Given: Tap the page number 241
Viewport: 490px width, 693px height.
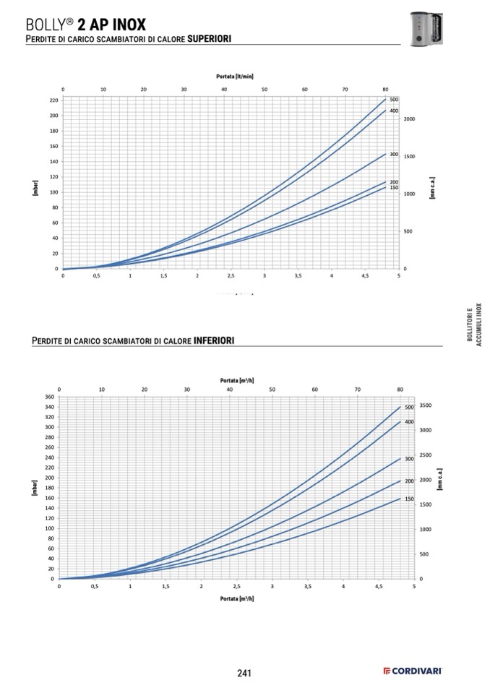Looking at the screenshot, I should (x=244, y=673).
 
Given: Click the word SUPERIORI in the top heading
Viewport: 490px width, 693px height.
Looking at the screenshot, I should (x=209, y=38).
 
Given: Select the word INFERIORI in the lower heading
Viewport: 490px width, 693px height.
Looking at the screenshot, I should (x=214, y=340).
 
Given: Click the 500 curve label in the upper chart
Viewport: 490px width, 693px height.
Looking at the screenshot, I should (x=394, y=99).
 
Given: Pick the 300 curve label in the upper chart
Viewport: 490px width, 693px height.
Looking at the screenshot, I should (x=394, y=155).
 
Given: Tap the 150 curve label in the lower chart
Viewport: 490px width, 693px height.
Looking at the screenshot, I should (x=408, y=499).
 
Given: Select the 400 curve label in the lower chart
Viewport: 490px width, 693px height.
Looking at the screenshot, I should (x=408, y=421).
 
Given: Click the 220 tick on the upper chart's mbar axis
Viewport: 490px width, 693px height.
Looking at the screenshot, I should (x=53, y=100).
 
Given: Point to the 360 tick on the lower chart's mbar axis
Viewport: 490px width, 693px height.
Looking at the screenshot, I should (x=50, y=397).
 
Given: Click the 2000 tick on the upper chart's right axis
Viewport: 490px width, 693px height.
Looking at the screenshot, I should (x=410, y=119).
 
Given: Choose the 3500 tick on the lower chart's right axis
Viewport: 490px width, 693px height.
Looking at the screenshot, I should (x=426, y=405).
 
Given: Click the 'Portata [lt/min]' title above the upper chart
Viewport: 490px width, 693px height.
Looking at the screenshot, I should (x=235, y=75).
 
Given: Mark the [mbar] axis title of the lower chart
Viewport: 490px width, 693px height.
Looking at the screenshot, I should (x=35, y=488).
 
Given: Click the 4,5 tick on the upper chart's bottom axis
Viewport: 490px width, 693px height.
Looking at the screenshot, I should (x=365, y=276).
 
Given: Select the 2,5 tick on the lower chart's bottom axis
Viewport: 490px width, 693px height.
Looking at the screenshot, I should (x=236, y=587).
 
